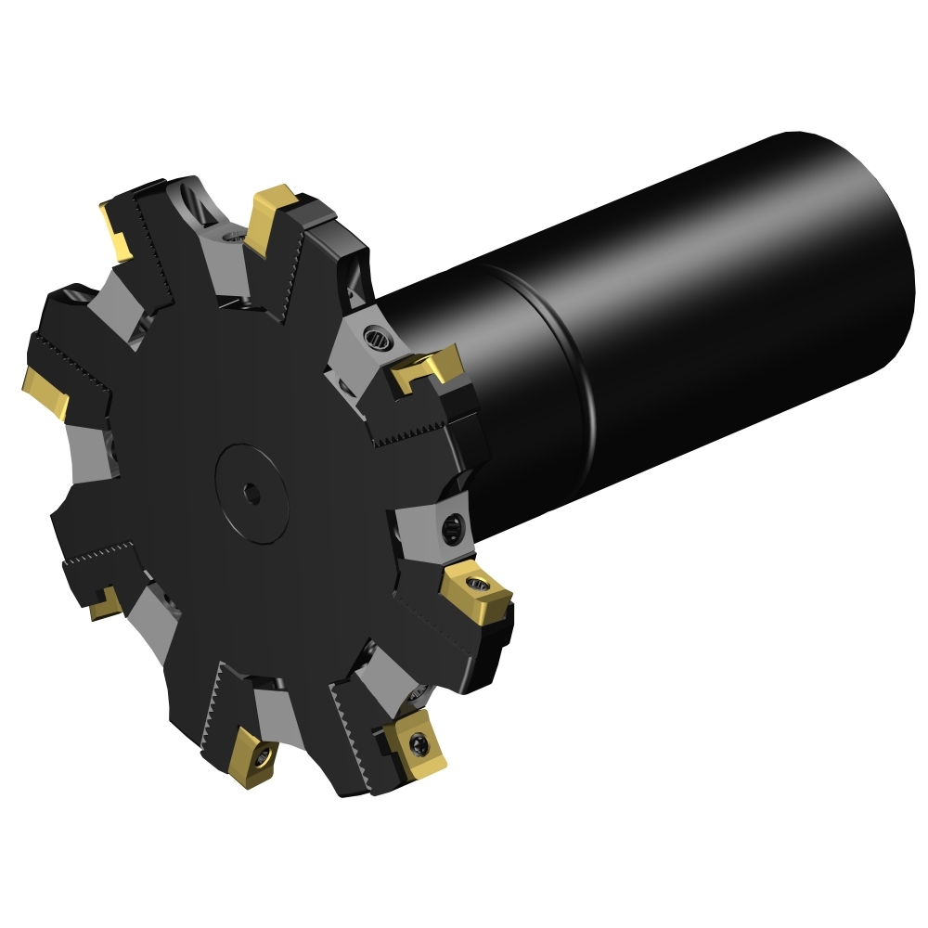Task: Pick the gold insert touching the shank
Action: coord(427,366)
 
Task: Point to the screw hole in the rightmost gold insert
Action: coord(479,583)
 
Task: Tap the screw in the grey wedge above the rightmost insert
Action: coord(453,528)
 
